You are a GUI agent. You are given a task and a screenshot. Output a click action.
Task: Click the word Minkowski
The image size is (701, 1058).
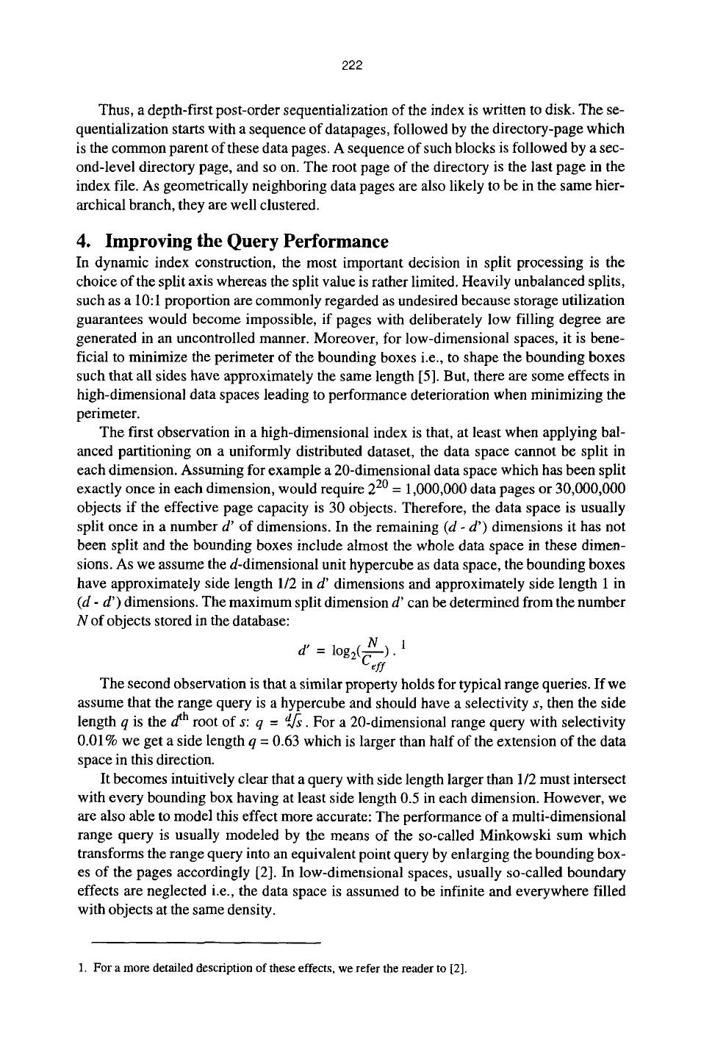511,835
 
